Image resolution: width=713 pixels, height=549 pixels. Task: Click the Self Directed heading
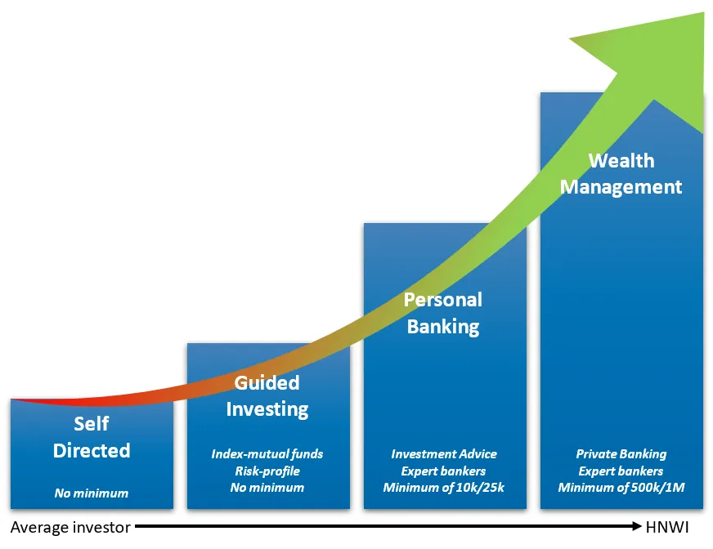92,437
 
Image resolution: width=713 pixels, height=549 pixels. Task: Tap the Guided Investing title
267,396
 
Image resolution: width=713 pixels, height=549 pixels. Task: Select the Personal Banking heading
443,313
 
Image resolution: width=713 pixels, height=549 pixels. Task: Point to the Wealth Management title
621,174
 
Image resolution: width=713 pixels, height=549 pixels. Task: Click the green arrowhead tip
703,14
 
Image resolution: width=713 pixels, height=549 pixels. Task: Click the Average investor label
70,527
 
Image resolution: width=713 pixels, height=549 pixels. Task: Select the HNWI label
667,527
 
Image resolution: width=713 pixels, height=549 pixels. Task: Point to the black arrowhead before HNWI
637,526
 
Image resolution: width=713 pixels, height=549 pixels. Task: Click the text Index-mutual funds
267,454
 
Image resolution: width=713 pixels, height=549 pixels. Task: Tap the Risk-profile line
267,471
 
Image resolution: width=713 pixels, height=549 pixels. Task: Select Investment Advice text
444,454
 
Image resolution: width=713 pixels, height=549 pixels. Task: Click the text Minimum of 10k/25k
444,488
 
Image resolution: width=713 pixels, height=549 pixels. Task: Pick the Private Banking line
621,454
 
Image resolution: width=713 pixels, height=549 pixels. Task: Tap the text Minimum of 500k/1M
621,488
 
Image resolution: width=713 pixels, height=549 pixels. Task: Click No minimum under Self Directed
92,493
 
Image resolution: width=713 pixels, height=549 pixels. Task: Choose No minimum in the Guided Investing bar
267,488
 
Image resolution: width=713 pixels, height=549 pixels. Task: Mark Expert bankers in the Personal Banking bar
443,471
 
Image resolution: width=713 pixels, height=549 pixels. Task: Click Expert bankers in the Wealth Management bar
621,471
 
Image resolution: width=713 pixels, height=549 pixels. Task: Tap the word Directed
92,450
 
